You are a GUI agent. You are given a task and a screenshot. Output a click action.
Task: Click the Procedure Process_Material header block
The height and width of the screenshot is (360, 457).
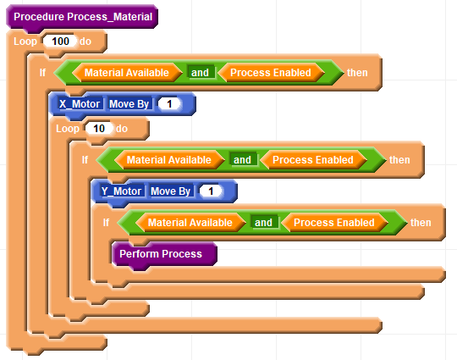(82, 17)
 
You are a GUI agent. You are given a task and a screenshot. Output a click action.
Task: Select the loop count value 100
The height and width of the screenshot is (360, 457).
(60, 42)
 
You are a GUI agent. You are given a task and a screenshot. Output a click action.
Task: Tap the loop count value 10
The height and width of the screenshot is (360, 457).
(99, 129)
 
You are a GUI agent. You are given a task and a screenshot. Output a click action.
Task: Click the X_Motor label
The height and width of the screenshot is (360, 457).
(80, 104)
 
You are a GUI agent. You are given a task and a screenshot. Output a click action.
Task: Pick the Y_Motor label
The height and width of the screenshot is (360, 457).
(121, 191)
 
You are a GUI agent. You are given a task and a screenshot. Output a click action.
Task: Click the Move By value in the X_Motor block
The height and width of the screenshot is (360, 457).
(169, 104)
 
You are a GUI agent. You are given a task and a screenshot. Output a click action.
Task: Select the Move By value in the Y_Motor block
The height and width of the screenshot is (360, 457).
(211, 191)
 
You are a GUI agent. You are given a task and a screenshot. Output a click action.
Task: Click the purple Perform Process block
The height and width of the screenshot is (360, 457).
(164, 254)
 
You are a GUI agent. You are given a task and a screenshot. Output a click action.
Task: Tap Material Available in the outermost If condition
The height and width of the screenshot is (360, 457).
(127, 72)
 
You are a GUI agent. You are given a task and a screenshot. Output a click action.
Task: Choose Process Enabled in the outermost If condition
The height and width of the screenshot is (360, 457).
(271, 72)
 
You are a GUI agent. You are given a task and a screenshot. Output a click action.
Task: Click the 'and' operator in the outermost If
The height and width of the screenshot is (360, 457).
(200, 72)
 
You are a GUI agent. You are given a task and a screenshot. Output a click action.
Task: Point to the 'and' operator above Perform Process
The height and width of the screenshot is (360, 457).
(263, 223)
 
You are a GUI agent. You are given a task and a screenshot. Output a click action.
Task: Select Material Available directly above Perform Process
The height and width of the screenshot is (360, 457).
(190, 223)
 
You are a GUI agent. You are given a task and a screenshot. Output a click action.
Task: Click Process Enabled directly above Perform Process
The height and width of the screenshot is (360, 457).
(334, 223)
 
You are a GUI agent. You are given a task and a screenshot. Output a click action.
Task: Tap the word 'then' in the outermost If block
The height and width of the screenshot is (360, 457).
(357, 72)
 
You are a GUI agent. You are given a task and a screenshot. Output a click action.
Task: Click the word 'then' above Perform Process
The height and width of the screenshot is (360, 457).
(421, 223)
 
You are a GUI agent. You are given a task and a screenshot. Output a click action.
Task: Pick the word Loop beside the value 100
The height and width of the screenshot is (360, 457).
(25, 42)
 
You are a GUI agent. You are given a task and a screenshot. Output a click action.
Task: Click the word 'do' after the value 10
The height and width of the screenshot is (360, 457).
(122, 129)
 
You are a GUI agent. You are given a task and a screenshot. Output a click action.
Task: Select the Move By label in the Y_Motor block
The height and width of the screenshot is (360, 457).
(170, 191)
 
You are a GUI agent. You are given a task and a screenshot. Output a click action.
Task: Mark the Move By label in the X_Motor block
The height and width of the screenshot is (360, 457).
(129, 104)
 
